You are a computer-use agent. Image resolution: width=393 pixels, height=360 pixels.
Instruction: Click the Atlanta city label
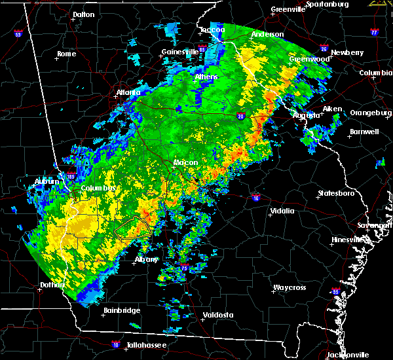(129, 92)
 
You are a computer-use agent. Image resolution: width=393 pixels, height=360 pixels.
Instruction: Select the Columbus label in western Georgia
(99, 189)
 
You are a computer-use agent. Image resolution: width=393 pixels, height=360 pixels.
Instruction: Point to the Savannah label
(379, 225)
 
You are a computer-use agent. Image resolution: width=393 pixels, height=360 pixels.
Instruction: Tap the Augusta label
(306, 115)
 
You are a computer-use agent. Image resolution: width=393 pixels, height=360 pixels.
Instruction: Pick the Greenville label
(288, 10)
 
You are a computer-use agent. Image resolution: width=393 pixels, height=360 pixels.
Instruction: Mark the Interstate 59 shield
(18, 34)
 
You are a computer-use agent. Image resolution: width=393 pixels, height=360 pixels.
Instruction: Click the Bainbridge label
(122, 310)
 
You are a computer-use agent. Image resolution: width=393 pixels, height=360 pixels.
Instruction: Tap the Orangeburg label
(369, 113)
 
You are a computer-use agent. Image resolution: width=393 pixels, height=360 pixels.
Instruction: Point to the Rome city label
(67, 54)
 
